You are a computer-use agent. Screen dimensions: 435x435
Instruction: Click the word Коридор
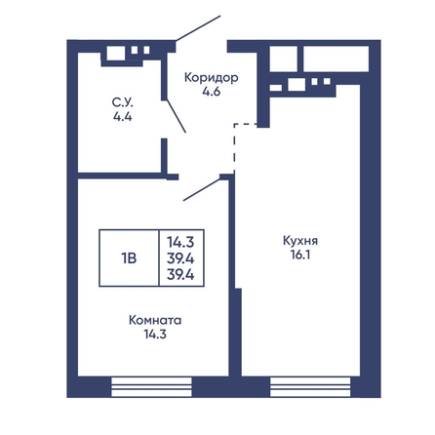212,78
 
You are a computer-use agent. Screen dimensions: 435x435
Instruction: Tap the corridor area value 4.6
212,92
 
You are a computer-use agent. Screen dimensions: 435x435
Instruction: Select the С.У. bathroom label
123,102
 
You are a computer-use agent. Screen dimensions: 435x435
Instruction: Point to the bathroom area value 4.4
123,116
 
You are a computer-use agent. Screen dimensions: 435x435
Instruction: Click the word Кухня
300,241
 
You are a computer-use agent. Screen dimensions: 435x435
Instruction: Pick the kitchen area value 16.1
300,255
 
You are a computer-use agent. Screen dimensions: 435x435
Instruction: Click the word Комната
155,320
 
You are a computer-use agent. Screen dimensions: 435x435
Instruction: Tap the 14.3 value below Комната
155,334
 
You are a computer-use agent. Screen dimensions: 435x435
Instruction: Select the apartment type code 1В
129,258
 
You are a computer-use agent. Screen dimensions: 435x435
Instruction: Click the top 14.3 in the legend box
180,242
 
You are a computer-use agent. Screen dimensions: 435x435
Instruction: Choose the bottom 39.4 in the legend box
180,275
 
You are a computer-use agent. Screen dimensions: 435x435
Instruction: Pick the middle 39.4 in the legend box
180,258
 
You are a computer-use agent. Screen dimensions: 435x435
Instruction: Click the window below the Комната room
151,387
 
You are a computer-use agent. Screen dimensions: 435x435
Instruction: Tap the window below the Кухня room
310,387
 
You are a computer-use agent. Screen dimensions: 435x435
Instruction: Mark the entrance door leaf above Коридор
198,28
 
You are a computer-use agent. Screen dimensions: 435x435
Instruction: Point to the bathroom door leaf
177,116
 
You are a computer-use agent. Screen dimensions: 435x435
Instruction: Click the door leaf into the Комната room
202,190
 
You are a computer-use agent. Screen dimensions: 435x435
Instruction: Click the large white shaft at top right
336,59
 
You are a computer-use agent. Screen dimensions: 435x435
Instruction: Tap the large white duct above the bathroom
116,54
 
